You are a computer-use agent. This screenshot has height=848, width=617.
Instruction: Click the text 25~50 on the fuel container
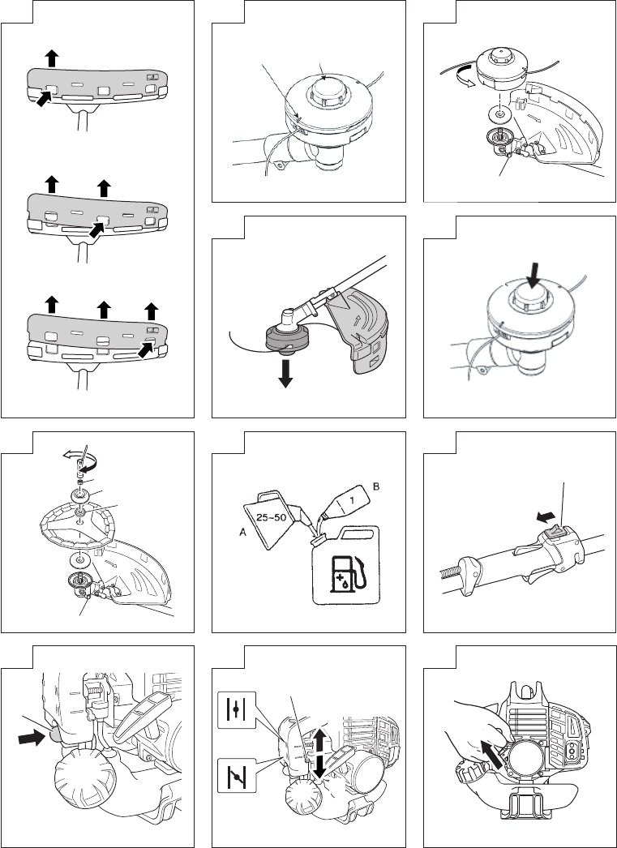pyautogui.click(x=272, y=517)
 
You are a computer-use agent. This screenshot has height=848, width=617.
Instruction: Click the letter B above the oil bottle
pyautogui.click(x=376, y=486)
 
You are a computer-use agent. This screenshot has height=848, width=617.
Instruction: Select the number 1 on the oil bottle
pyautogui.click(x=351, y=501)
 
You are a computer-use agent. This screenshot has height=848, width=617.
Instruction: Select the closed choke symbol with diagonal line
pyautogui.click(x=237, y=776)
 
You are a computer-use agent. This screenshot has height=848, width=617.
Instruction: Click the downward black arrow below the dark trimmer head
pyautogui.click(x=285, y=373)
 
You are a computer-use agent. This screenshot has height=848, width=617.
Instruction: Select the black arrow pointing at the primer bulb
pyautogui.click(x=32, y=737)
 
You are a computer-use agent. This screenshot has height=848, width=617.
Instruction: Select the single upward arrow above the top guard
pyautogui.click(x=51, y=58)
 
